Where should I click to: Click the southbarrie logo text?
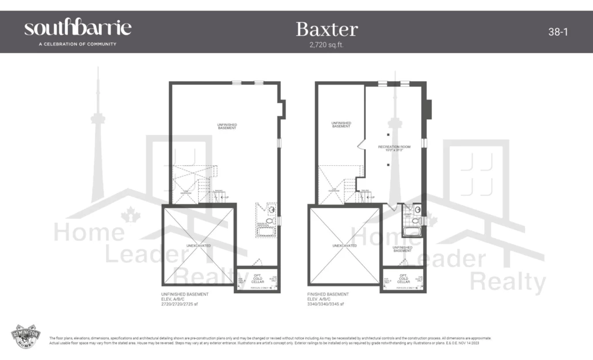(x=78, y=28)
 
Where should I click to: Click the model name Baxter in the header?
(x=326, y=29)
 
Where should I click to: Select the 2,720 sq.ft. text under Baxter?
(x=326, y=44)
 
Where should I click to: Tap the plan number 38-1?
(x=558, y=32)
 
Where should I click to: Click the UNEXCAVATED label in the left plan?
(x=199, y=245)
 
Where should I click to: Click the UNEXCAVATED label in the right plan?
(x=344, y=245)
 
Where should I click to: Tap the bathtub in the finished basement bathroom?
(x=412, y=232)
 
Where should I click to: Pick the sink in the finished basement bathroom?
(x=417, y=209)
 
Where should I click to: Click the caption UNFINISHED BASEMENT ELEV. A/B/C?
(x=185, y=297)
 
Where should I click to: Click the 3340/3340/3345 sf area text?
(x=325, y=304)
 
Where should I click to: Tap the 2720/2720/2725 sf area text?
(x=180, y=304)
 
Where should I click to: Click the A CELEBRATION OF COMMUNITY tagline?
(x=70, y=44)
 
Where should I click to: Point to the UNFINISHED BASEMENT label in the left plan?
(x=227, y=126)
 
